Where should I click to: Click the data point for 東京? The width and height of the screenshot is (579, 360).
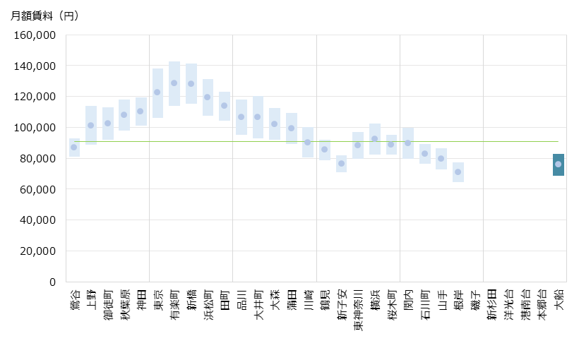point(157,92)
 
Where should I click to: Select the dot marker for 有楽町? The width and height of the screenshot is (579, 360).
point(174,83)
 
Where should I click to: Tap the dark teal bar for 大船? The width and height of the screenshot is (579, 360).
point(558,164)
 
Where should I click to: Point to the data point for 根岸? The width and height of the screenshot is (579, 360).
point(458,172)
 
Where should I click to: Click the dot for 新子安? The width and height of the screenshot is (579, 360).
point(341,163)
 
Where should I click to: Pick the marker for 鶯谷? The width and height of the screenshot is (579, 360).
point(74,147)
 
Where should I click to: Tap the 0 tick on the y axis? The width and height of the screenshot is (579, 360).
point(52,282)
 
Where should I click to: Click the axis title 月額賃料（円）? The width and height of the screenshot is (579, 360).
point(44,16)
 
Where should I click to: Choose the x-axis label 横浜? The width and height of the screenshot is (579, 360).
point(375,299)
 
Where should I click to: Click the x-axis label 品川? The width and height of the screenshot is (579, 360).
point(241,299)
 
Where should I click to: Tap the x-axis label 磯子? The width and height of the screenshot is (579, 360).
point(475,299)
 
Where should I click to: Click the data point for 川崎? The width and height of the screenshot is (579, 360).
point(308,142)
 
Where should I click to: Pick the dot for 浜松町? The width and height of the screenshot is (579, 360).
point(208,97)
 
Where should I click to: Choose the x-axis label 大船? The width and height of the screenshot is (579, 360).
point(559,299)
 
